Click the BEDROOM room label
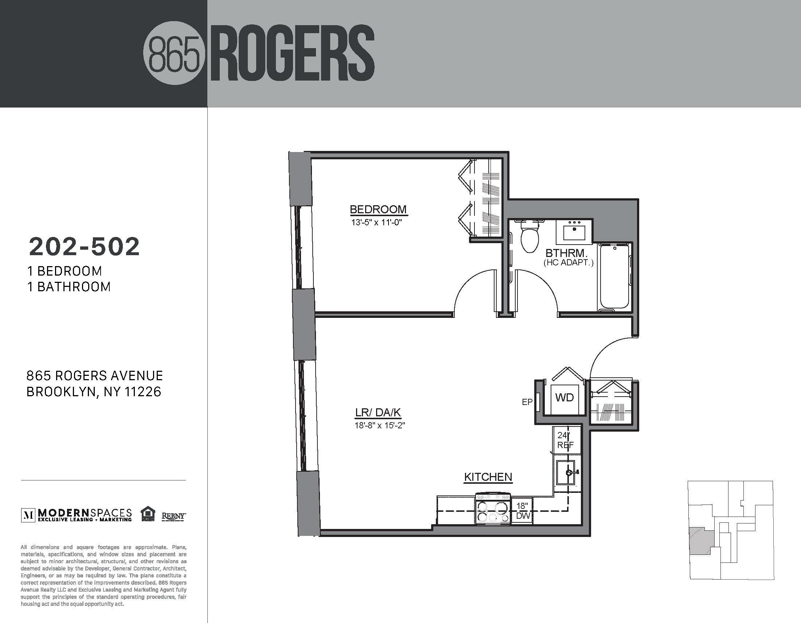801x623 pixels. coord(378,210)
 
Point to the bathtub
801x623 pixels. coord(614,277)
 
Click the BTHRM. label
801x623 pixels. coord(567,253)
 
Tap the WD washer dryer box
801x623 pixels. coord(564,398)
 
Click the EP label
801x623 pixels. coord(527,402)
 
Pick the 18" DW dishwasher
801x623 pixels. coord(521,511)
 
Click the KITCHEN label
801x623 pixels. coord(488,477)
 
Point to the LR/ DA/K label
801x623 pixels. coord(378,413)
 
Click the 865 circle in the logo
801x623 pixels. coord(173,54)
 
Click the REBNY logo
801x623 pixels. coord(174,516)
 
